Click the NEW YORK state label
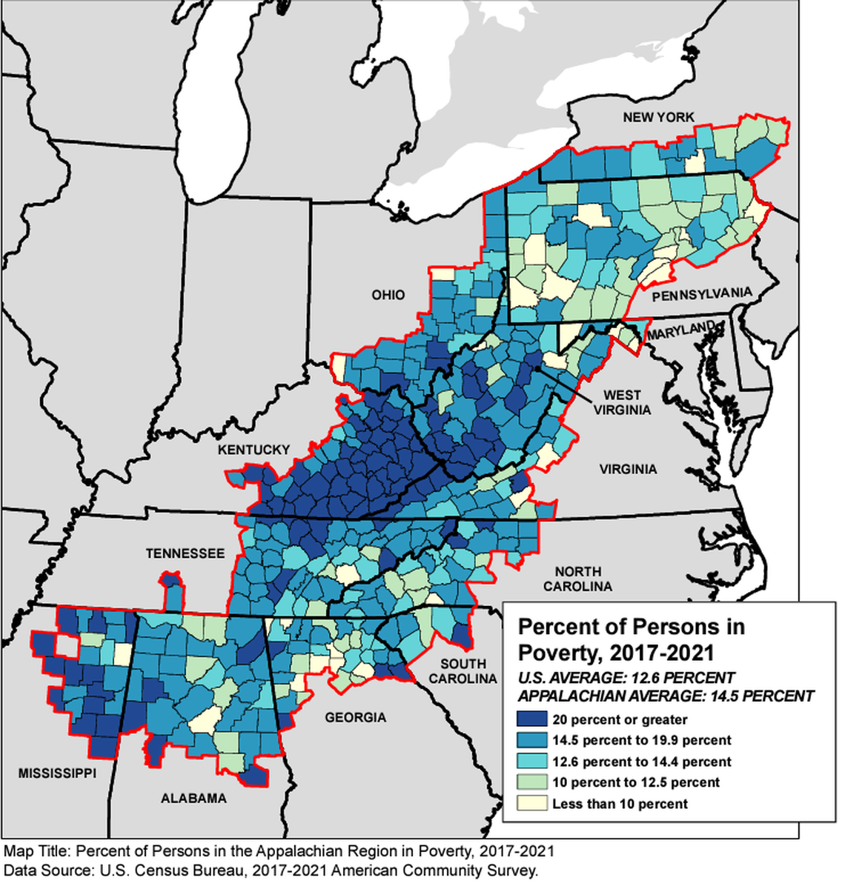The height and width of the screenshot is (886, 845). (658, 117)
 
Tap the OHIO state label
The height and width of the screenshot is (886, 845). (388, 295)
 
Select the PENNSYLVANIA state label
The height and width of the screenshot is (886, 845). (701, 293)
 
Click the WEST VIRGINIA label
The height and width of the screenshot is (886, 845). (626, 402)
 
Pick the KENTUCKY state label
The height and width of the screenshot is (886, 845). (253, 450)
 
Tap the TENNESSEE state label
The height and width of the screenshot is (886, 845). (185, 553)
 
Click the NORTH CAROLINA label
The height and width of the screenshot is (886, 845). (578, 579)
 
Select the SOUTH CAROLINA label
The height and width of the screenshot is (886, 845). (463, 670)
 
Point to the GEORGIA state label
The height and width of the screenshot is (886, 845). (354, 717)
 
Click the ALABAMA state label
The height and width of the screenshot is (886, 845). (193, 798)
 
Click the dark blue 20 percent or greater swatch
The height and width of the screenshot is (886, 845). (531, 719)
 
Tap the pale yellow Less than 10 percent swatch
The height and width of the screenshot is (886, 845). (531, 803)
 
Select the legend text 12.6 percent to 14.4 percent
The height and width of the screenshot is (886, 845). (641, 762)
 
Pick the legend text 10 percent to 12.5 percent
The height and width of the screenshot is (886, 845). (635, 782)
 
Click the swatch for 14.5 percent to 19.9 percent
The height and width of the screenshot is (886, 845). (531, 740)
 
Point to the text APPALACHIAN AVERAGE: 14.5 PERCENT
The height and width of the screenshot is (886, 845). (666, 696)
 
